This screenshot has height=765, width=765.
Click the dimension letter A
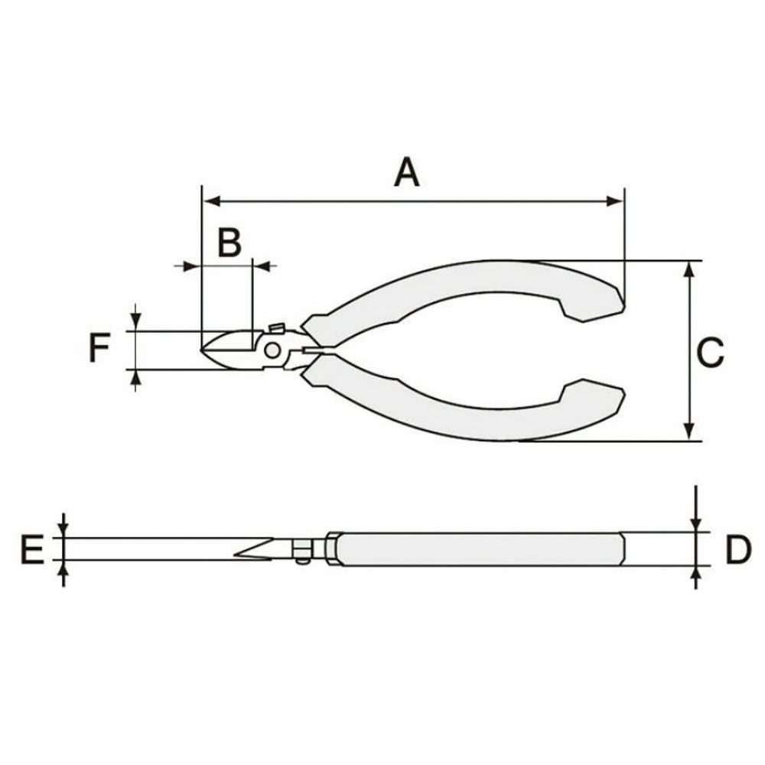click(406, 172)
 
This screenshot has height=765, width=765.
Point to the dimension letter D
click(739, 549)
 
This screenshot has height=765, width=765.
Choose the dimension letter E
click(32, 549)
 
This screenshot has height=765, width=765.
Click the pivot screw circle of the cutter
click(272, 350)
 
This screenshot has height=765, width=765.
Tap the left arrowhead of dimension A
click(212, 200)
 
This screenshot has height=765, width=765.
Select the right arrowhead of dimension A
click(614, 200)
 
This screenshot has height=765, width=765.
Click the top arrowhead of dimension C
click(688, 270)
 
